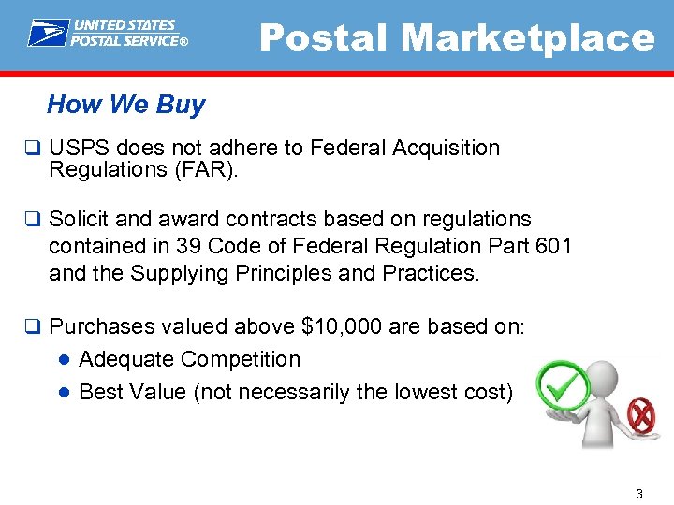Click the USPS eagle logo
click(48, 33)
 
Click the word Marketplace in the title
click(528, 38)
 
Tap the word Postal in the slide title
click(325, 38)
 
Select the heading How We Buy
click(125, 105)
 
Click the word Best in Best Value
click(100, 392)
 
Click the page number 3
click(638, 494)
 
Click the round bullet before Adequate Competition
click(64, 360)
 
